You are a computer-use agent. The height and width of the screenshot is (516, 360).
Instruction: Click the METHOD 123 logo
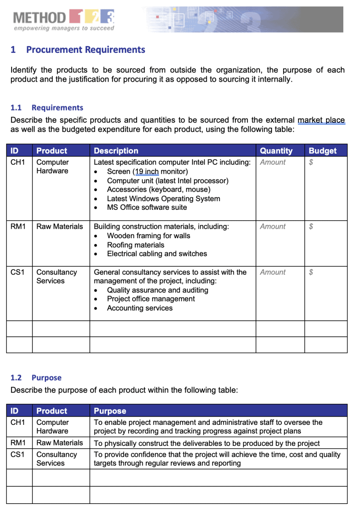(x=64, y=18)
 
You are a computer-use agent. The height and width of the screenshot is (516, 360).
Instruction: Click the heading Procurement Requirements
(x=85, y=50)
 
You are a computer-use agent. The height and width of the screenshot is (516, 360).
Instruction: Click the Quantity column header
(x=276, y=151)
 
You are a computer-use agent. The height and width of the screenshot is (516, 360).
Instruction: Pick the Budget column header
(x=323, y=151)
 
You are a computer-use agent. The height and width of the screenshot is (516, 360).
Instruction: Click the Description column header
(x=116, y=151)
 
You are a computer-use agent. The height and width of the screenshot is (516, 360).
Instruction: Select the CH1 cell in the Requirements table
(x=18, y=163)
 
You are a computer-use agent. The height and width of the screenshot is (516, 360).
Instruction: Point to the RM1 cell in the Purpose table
(x=18, y=443)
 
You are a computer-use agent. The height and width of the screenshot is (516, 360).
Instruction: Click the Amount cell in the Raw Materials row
(x=272, y=227)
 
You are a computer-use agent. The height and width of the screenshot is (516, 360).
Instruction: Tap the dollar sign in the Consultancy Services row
(x=311, y=272)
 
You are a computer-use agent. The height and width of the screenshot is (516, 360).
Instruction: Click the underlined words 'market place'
(x=321, y=120)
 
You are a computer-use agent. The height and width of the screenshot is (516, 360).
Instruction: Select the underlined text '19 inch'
(x=147, y=172)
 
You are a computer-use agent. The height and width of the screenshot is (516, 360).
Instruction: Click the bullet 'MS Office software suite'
(x=147, y=207)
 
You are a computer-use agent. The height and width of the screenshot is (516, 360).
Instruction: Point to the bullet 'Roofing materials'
(x=135, y=245)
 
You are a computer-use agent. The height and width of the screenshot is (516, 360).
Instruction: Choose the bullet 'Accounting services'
(x=140, y=308)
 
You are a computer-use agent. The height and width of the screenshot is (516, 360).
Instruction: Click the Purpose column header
(x=110, y=411)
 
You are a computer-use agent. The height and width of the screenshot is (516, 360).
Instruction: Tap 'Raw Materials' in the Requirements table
(x=60, y=227)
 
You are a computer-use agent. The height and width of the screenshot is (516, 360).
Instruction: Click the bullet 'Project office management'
(x=151, y=299)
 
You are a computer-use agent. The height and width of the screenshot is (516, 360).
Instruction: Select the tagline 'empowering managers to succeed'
(x=64, y=28)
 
